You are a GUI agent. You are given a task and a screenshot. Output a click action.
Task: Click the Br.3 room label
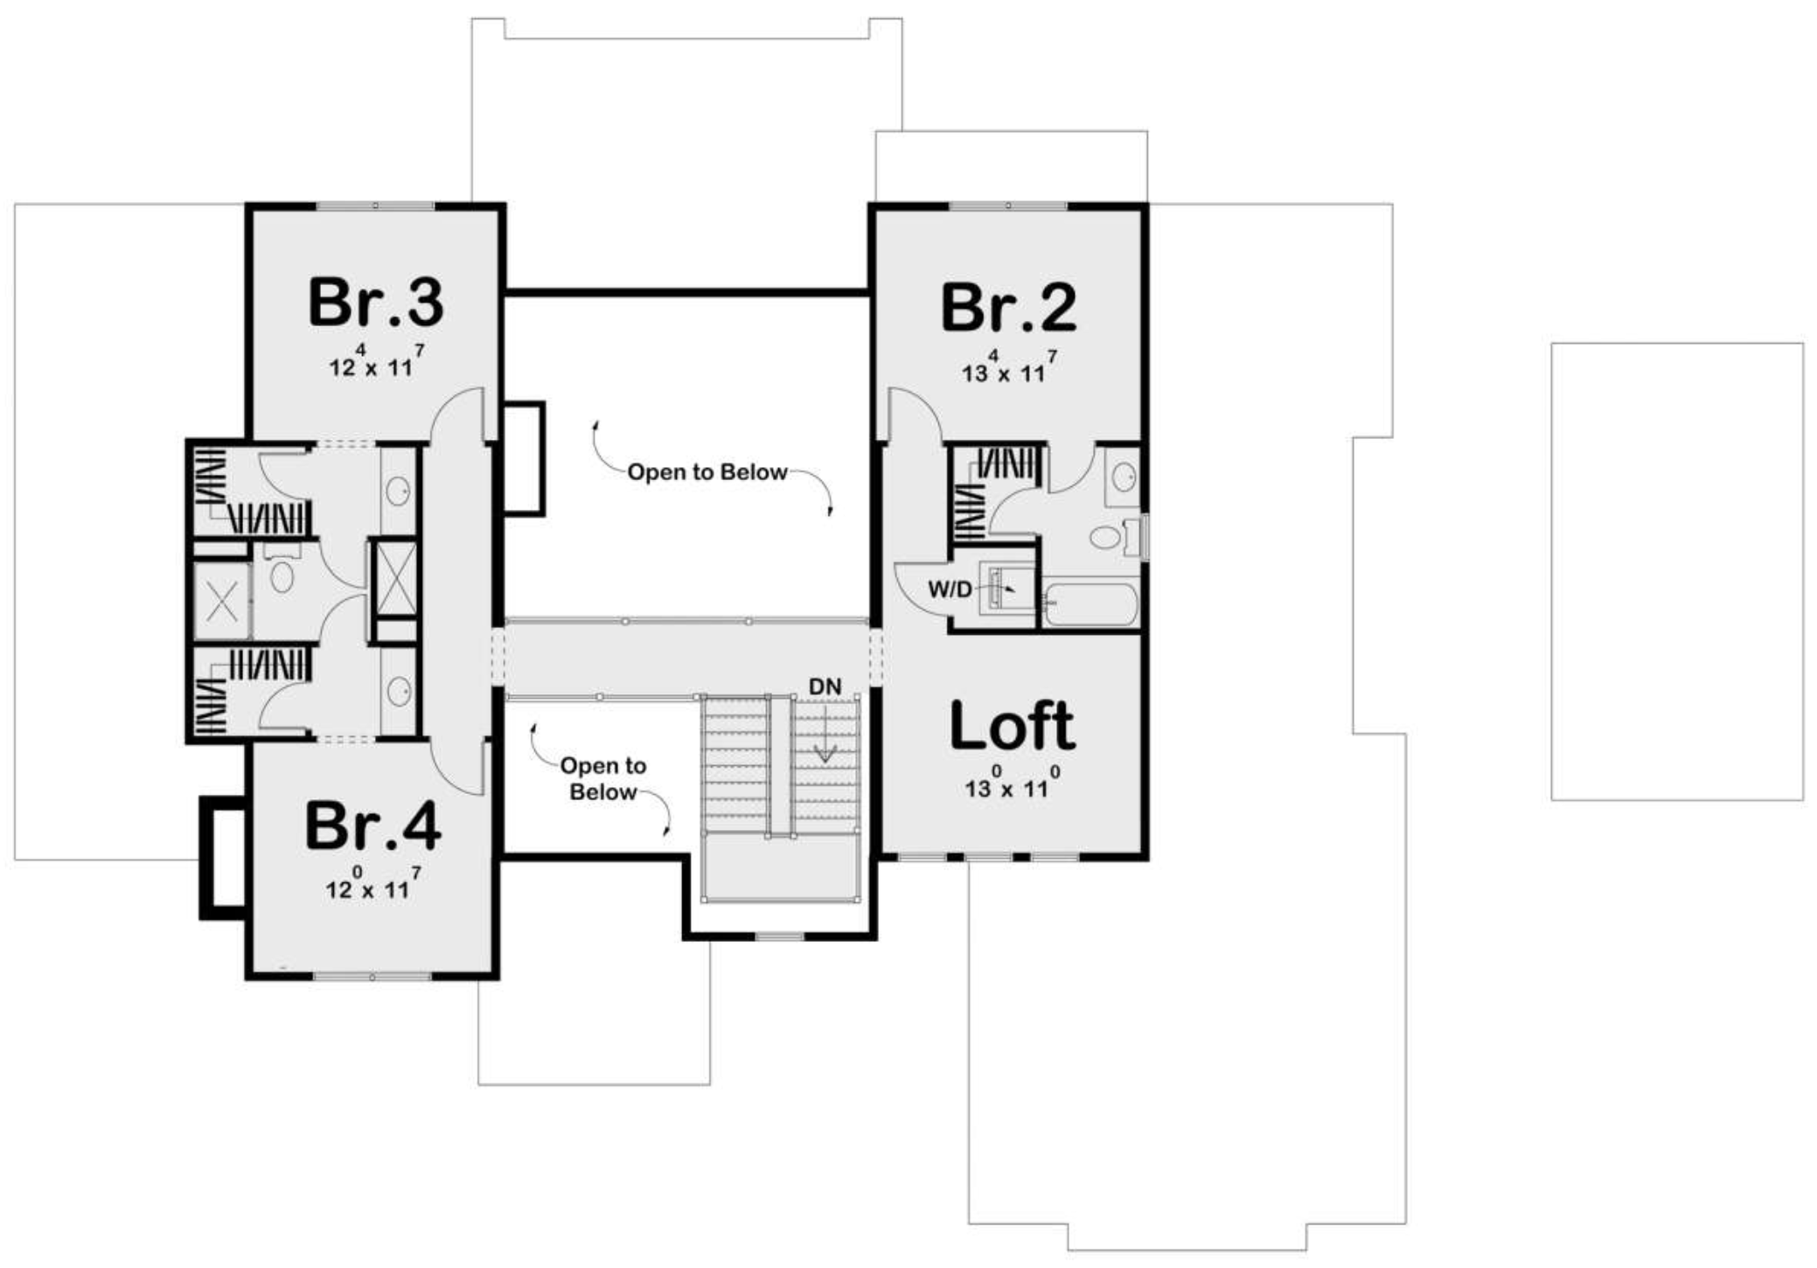point(376,302)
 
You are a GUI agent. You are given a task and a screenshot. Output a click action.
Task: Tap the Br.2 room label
point(1008,308)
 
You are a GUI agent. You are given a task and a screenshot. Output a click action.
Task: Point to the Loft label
point(1012,725)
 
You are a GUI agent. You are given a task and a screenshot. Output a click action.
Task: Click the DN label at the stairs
point(825,686)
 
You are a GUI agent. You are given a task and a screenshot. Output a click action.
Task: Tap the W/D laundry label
point(950,589)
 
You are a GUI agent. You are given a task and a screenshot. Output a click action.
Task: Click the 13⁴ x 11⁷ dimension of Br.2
point(1010,368)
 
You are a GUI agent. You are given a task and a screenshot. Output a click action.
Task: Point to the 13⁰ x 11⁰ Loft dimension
point(1013,784)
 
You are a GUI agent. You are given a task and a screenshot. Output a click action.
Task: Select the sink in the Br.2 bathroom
point(1124,477)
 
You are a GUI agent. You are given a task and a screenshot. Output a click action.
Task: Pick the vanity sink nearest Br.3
point(399,490)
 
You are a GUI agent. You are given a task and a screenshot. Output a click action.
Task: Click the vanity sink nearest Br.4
point(399,692)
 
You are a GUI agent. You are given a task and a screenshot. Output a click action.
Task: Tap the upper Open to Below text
point(707,472)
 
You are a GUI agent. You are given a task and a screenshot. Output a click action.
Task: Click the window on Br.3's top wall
point(375,206)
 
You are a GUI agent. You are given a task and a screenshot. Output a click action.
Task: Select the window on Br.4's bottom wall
point(373,976)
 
